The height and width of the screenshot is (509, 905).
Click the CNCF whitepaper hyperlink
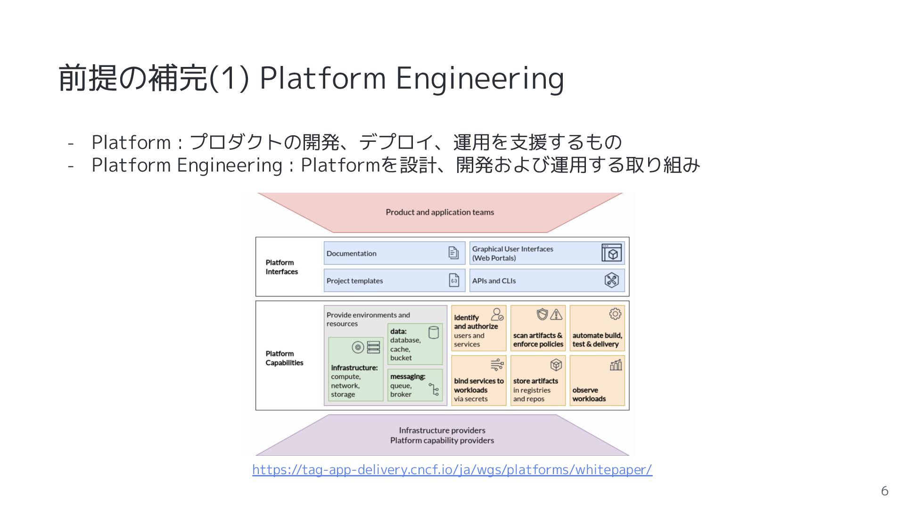point(452,469)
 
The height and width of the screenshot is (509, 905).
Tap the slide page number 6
point(884,491)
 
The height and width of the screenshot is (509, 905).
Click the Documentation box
point(394,253)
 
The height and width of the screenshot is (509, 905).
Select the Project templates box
point(394,280)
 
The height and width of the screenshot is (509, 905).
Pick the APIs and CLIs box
point(547,280)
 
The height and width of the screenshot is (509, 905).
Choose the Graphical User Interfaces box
point(547,253)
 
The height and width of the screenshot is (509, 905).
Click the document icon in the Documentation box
point(453,253)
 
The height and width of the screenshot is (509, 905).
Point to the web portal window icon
point(612,253)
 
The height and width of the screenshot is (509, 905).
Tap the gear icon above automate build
point(615,314)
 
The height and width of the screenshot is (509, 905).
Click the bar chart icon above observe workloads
point(616,365)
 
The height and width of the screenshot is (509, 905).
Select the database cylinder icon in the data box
point(434,332)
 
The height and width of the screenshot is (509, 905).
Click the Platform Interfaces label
point(281,267)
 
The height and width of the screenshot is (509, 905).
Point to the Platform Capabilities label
point(284,358)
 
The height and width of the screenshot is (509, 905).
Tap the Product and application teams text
point(440,212)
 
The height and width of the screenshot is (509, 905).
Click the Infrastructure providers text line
point(442,430)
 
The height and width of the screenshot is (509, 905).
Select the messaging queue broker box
point(415,385)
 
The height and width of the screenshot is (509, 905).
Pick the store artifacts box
point(538,381)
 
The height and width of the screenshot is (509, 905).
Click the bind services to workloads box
point(478,381)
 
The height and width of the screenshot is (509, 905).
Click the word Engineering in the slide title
point(480,78)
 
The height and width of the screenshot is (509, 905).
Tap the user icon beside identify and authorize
point(497,314)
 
